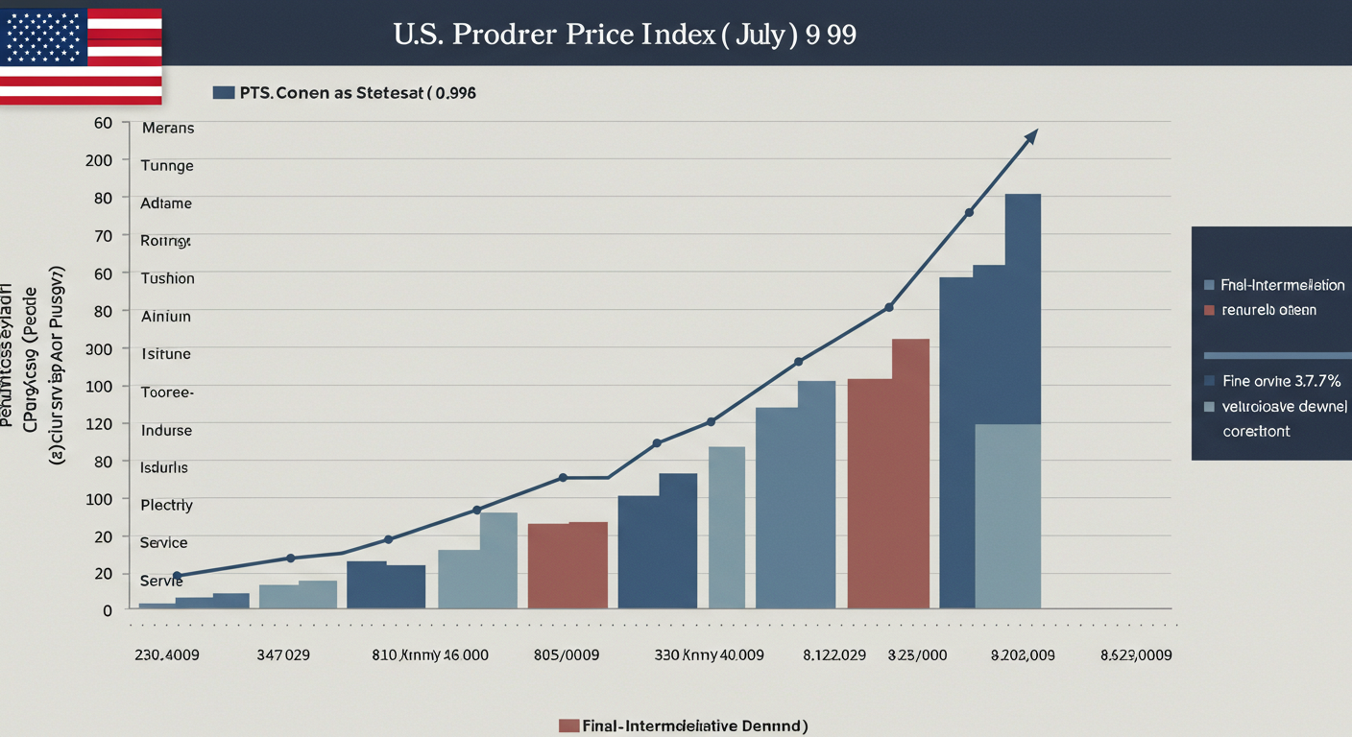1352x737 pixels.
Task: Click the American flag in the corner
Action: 81,54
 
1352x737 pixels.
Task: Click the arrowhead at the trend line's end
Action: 1031,135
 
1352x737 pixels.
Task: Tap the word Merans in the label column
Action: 167,128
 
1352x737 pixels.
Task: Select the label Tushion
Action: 167,278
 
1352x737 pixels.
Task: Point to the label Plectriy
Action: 166,505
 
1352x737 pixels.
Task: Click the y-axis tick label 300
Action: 99,348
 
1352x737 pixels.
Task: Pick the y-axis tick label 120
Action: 99,423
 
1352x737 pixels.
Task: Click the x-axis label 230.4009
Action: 167,655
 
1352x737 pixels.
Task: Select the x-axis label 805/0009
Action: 566,655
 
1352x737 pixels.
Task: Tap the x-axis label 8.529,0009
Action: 1135,655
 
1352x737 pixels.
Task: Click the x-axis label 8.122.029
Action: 833,655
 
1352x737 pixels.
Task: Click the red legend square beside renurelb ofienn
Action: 1209,310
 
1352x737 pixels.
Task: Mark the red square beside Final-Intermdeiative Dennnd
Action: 568,725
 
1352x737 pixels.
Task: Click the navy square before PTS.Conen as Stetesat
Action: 223,93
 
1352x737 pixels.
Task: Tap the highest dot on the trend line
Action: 969,212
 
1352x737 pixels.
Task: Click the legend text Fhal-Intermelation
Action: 1282,285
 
